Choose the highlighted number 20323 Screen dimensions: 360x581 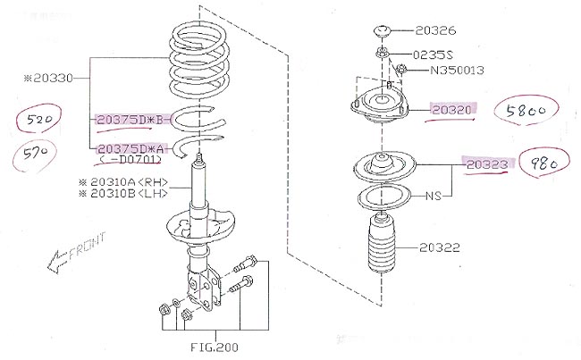pyautogui.click(x=485, y=164)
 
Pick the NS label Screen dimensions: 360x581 pyautogui.click(x=434, y=195)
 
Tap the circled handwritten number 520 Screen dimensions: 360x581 pyautogui.click(x=33, y=120)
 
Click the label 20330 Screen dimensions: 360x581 pyautogui.click(x=50, y=79)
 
